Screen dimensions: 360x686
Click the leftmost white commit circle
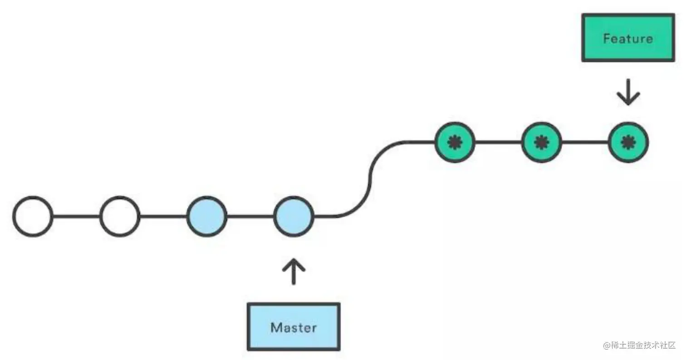(33, 216)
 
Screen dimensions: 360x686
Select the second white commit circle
(120, 216)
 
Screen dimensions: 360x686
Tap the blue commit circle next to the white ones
(206, 216)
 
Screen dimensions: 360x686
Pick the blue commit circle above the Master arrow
(294, 216)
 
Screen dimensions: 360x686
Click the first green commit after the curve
(455, 142)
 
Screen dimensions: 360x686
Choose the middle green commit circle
(541, 142)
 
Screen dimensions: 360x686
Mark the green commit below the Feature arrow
(628, 142)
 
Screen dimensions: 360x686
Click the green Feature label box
(628, 38)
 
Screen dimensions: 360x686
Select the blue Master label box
(294, 326)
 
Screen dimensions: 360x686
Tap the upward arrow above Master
(294, 271)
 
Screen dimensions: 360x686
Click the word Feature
(628, 39)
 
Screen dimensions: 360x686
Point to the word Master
(294, 327)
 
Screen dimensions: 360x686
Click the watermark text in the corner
(640, 345)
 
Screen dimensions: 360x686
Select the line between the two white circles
(76, 216)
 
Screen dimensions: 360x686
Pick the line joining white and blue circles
(163, 216)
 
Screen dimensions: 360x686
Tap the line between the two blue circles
(250, 216)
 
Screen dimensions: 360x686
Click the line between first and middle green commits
(498, 142)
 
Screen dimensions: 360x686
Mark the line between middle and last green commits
(585, 142)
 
